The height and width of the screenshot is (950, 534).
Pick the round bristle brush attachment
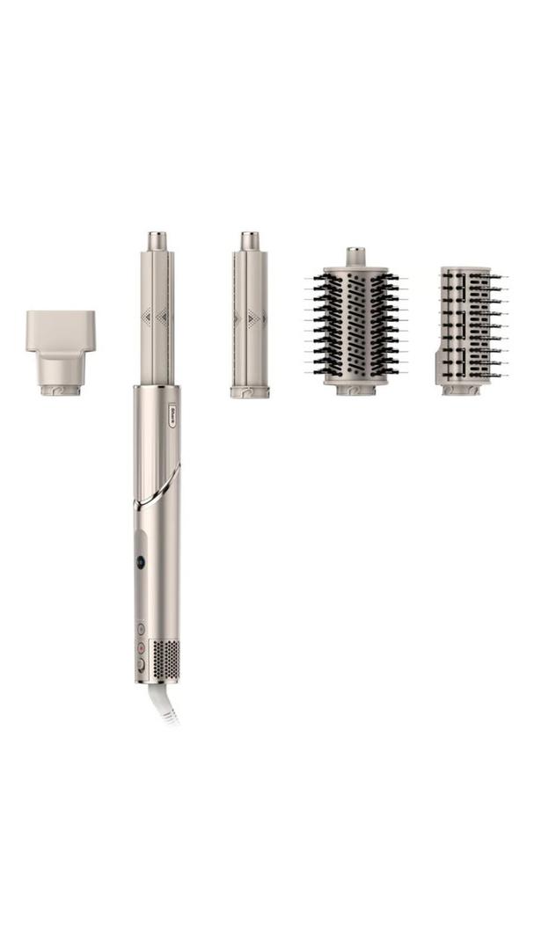(x=355, y=325)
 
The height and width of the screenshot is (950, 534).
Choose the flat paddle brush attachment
(x=466, y=325)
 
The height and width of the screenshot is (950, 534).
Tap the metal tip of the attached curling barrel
(x=157, y=240)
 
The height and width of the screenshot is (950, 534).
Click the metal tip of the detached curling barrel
(x=250, y=240)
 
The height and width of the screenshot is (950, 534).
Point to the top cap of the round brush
(x=355, y=256)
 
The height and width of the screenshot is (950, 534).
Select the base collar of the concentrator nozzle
(x=61, y=388)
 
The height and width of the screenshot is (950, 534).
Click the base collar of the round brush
(x=355, y=387)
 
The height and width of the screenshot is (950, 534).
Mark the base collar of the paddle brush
(x=461, y=388)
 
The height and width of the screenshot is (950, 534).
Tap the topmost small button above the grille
(x=141, y=629)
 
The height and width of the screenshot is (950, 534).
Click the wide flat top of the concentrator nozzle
(x=60, y=325)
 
